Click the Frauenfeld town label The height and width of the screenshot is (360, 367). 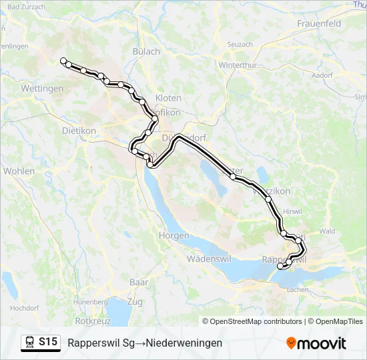318,23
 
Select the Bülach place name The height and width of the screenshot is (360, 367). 147,51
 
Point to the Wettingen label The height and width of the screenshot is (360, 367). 42,88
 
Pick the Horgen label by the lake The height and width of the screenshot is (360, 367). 174,236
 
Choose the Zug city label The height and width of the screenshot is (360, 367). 134,302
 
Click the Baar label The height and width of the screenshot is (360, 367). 139,282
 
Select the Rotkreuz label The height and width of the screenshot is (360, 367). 93,320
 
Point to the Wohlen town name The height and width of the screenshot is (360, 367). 19,171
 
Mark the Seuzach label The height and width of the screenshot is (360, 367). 240,44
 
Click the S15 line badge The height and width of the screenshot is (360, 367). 47,342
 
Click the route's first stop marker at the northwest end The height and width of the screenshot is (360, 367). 63,61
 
